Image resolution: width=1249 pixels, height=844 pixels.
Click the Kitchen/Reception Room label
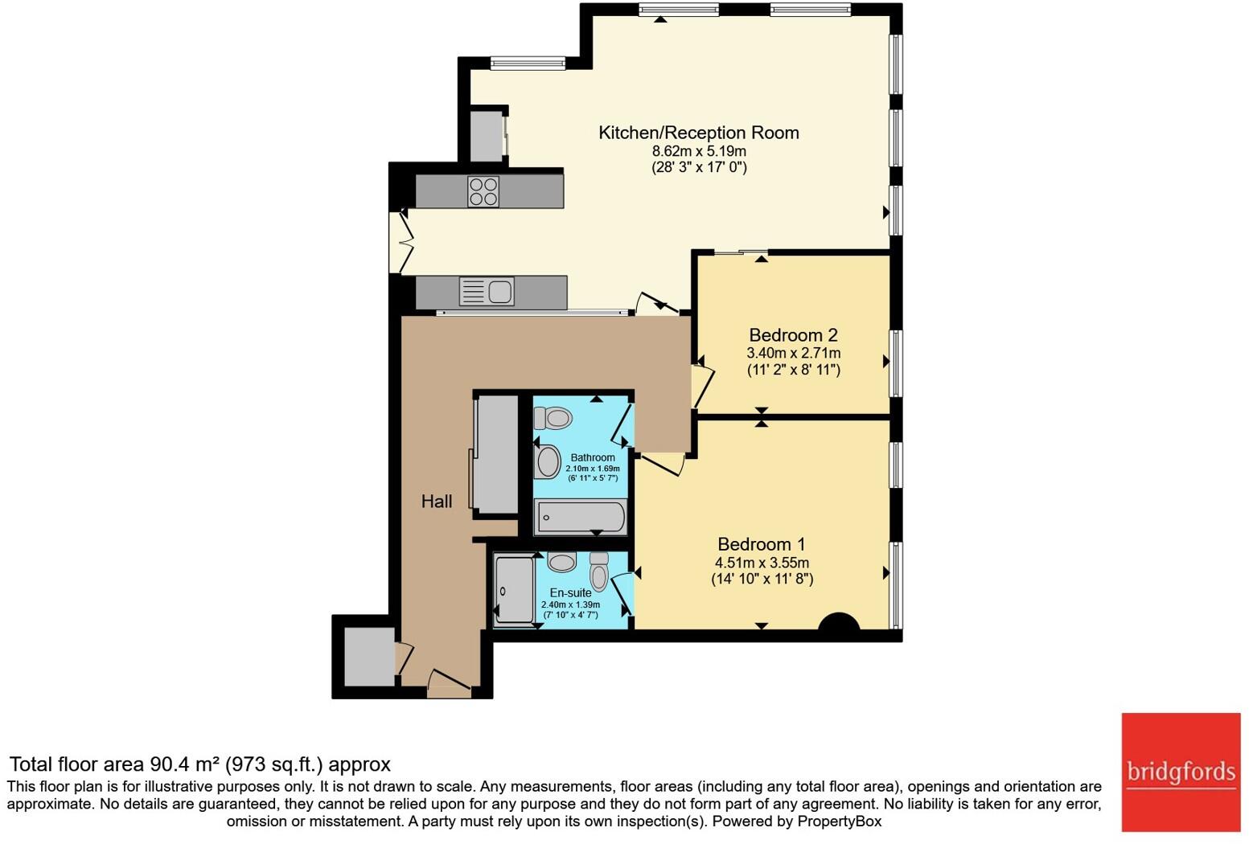pyautogui.click(x=698, y=133)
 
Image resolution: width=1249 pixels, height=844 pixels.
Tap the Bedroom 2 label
pyautogui.click(x=786, y=334)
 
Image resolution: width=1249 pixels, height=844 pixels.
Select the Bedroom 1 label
pyautogui.click(x=761, y=544)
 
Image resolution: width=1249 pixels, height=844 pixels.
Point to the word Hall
pyautogui.click(x=437, y=502)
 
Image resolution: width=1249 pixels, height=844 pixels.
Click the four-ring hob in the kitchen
pyautogui.click(x=483, y=191)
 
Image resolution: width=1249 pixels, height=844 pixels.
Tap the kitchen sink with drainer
pyautogui.click(x=487, y=291)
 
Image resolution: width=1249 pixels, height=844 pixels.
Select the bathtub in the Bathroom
pyautogui.click(x=580, y=518)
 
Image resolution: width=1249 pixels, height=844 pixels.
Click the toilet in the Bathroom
pyautogui.click(x=553, y=418)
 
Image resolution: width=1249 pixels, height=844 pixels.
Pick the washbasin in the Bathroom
pyautogui.click(x=548, y=461)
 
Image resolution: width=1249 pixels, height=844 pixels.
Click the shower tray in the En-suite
pyautogui.click(x=513, y=590)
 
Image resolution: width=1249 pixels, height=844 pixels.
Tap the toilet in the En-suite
pyautogui.click(x=599, y=572)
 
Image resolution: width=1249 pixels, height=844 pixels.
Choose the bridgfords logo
pyautogui.click(x=1181, y=772)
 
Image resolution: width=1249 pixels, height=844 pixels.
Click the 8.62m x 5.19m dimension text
pyautogui.click(x=698, y=151)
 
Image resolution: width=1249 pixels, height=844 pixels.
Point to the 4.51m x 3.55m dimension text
pyautogui.click(x=762, y=563)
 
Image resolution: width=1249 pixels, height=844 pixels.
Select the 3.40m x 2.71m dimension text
pyautogui.click(x=793, y=353)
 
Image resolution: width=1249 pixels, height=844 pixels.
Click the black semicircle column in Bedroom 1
pyautogui.click(x=839, y=623)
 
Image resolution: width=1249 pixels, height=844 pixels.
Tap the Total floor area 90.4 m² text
pyautogui.click(x=199, y=764)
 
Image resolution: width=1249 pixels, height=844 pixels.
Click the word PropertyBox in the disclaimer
pyautogui.click(x=839, y=821)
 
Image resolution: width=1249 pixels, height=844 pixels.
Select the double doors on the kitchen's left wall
pyautogui.click(x=401, y=241)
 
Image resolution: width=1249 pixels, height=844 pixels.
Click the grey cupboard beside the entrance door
pyautogui.click(x=369, y=656)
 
